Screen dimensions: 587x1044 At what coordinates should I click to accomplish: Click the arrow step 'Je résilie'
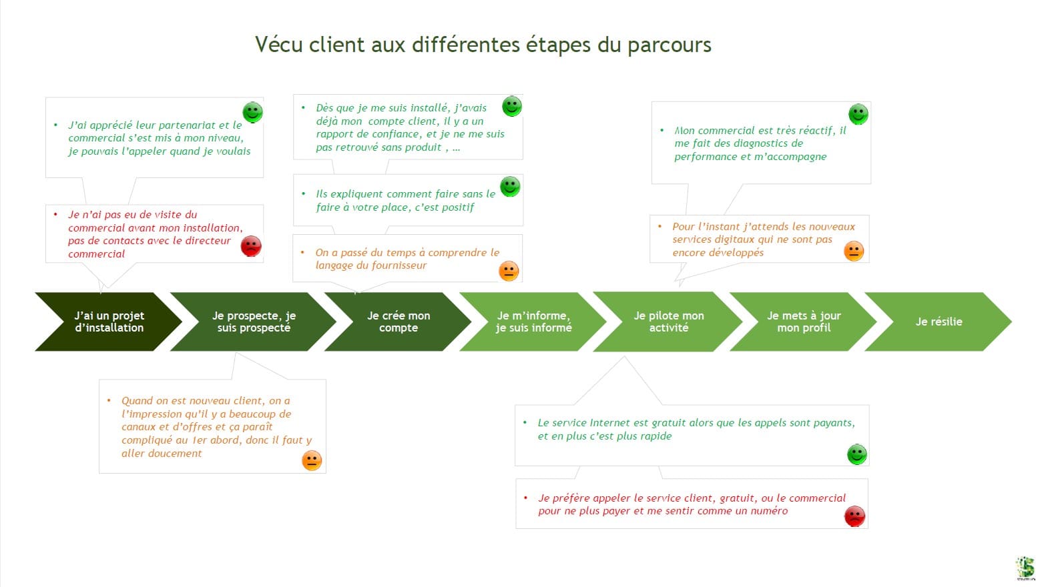click(939, 322)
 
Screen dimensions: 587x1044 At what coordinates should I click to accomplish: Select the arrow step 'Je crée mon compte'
click(399, 322)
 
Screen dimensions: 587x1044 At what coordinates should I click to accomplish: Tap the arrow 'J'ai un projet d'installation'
click(109, 322)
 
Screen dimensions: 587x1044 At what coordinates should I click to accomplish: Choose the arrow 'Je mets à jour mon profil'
click(804, 322)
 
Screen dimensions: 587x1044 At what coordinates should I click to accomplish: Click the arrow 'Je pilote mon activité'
click(668, 322)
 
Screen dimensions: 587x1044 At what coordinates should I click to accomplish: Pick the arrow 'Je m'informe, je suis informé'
click(533, 322)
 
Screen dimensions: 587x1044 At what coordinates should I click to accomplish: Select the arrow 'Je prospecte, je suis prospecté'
click(254, 322)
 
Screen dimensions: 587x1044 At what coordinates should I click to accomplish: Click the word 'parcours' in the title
click(669, 45)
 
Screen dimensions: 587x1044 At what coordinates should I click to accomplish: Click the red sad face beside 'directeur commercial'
click(251, 246)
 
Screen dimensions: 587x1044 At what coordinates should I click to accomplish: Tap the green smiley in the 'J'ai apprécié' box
click(252, 112)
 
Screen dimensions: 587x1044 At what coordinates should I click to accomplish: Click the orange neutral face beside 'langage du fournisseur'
click(509, 271)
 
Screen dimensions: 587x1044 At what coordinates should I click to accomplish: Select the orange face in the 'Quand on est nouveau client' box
click(312, 460)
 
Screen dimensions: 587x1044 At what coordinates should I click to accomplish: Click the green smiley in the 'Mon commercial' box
click(858, 114)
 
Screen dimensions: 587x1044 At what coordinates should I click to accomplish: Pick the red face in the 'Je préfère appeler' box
click(854, 516)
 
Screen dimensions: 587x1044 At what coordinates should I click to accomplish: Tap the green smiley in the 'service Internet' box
click(856, 454)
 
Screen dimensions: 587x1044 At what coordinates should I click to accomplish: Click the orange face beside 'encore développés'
click(854, 251)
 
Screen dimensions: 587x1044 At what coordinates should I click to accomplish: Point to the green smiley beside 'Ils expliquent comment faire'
click(510, 187)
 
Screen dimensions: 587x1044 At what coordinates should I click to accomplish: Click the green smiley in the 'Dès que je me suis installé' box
click(512, 106)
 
